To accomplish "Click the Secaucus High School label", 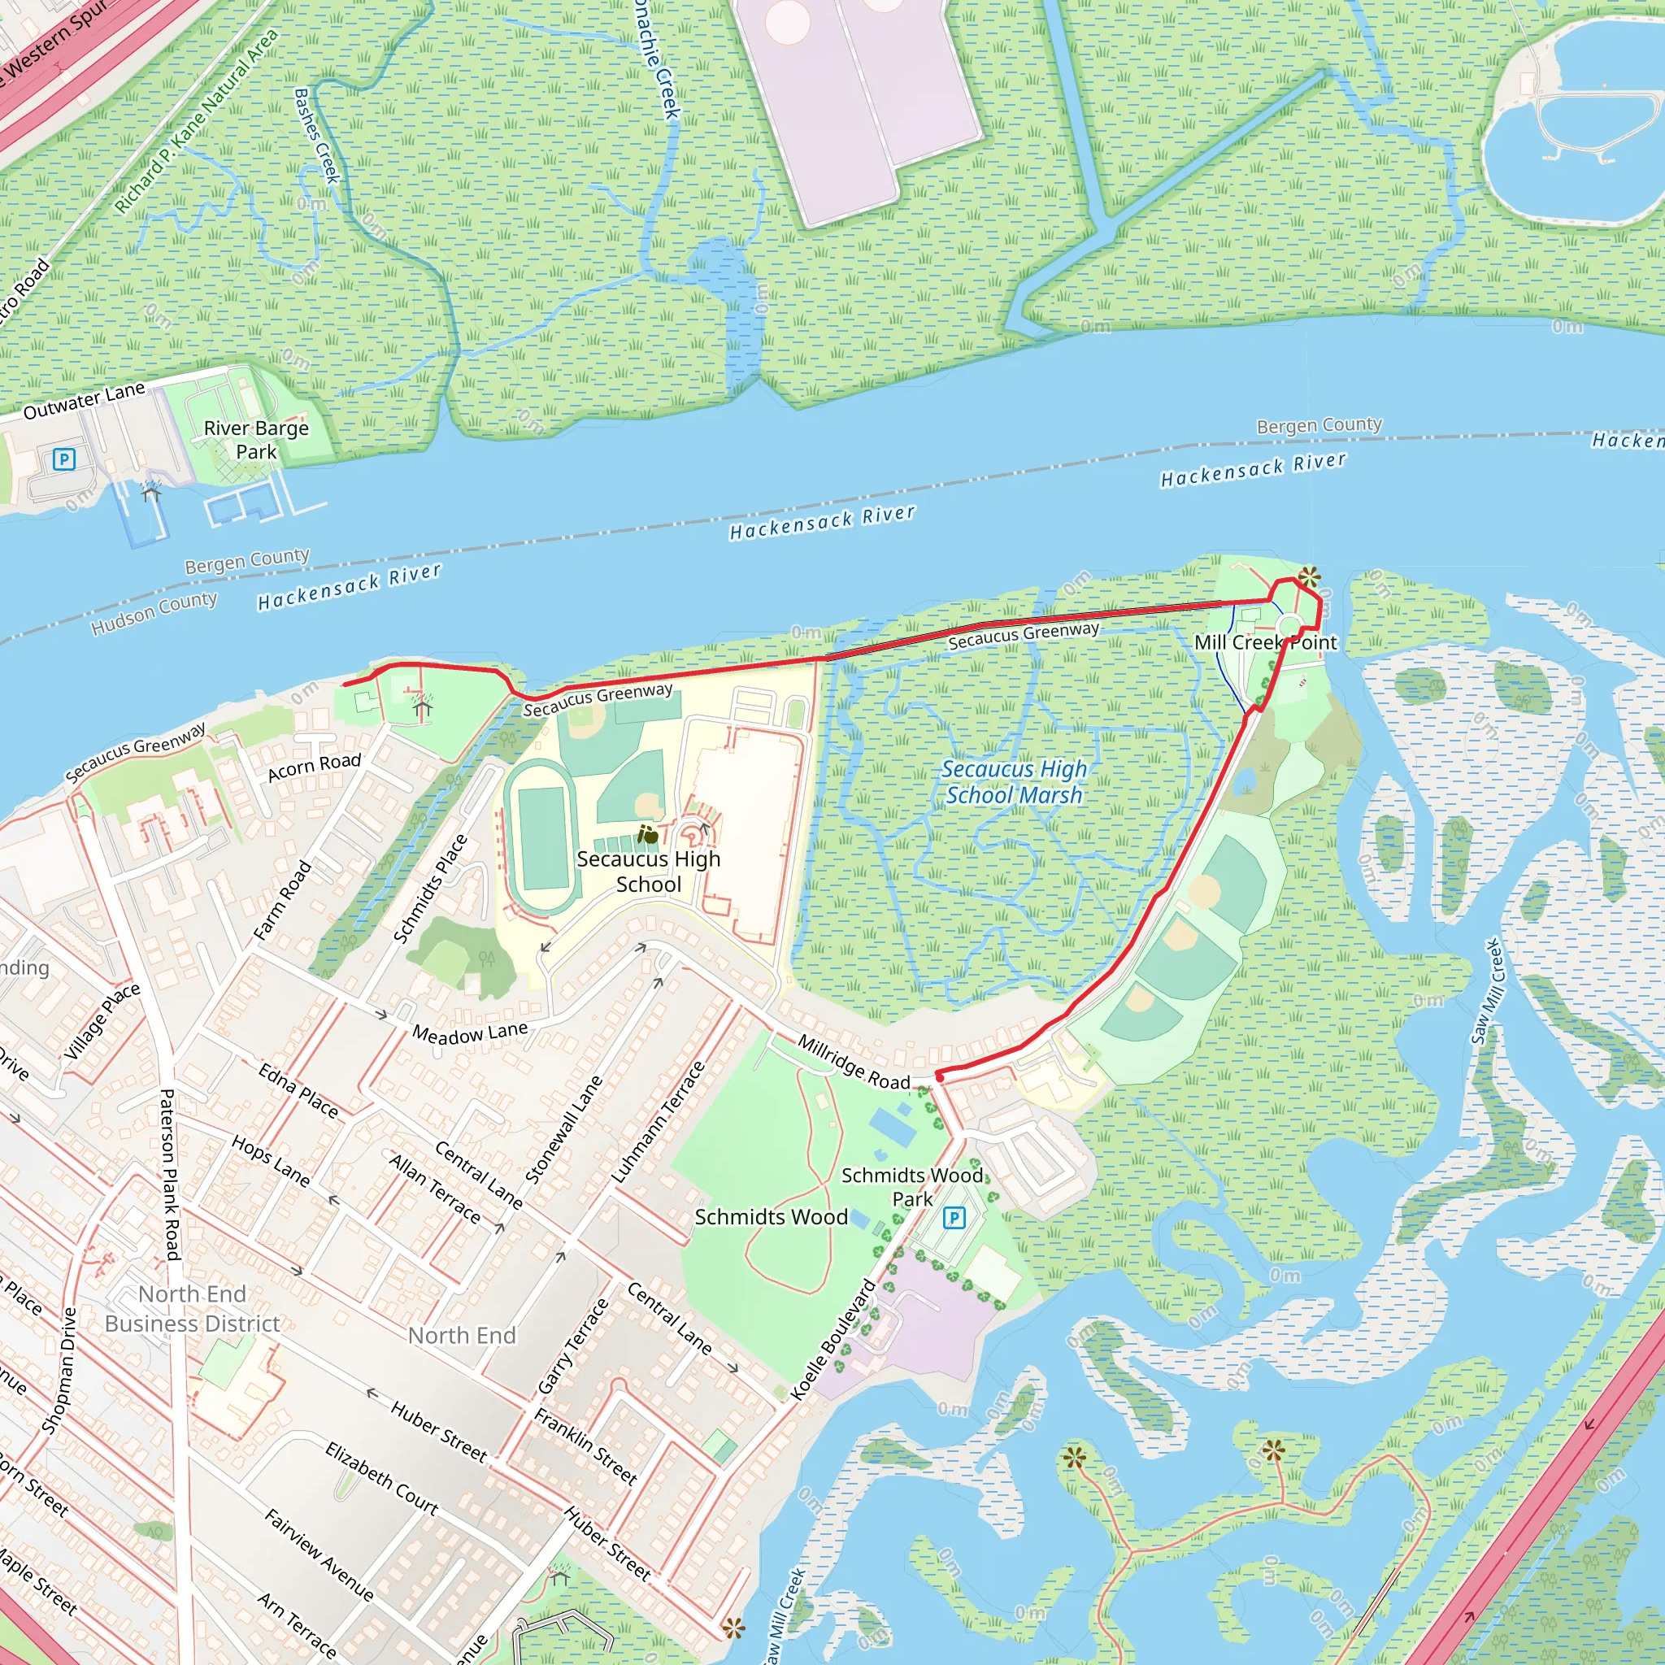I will pyautogui.click(x=648, y=872).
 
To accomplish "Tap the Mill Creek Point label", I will pyautogui.click(x=1264, y=642).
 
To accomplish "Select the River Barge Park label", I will pyautogui.click(x=256, y=440).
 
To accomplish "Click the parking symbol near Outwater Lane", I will pyautogui.click(x=63, y=459).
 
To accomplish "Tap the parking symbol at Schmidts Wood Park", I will pyautogui.click(x=953, y=1218).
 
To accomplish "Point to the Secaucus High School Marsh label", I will pyautogui.click(x=1014, y=781).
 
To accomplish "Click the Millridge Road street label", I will pyautogui.click(x=853, y=1062).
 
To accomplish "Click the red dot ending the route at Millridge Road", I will pyautogui.click(x=941, y=1077).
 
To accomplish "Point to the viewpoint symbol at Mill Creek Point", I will pyautogui.click(x=1308, y=576).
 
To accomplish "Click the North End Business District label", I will pyautogui.click(x=192, y=1308).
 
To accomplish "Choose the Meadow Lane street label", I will pyautogui.click(x=470, y=1032).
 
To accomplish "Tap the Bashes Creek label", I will pyautogui.click(x=316, y=136).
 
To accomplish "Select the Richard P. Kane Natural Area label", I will pyautogui.click(x=198, y=120).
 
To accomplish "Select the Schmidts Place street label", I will pyautogui.click(x=430, y=889).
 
